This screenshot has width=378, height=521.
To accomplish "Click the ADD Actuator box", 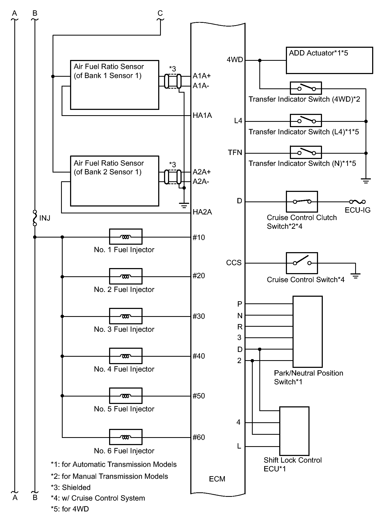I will pos(329,61).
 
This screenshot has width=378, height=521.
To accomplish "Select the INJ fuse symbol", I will pos(35,218).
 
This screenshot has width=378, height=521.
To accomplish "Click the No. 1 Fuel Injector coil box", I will pos(126,237).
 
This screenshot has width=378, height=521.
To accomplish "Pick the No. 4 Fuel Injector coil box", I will pos(126,356).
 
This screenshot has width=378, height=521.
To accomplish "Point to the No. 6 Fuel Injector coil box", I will pos(126,437).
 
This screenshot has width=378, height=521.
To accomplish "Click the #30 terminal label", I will pos(199,316).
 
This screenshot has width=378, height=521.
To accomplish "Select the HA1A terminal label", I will pos(202,115).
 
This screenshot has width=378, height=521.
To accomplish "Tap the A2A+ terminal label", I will pos(201,172).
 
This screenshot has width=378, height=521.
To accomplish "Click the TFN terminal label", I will pos(235,153).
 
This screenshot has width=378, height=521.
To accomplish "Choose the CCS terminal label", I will pos(234,263).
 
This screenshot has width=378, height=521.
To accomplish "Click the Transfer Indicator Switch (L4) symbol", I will pos(306,121).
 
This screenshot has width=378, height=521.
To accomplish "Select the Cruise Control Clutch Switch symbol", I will pos(302,201).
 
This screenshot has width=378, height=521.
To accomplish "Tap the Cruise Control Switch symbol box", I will pos(302,263).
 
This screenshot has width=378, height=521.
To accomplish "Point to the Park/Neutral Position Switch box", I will pos(307,331).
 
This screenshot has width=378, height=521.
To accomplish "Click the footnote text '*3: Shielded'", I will pos(71,487).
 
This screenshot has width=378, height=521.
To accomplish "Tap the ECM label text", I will pos(217,479).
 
